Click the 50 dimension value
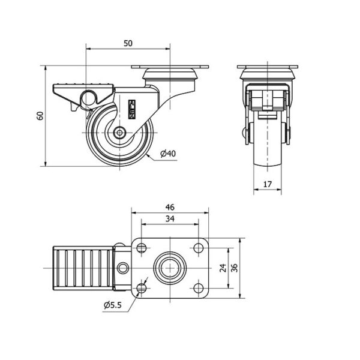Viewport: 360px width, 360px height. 128,43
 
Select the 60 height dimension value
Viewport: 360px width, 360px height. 40,116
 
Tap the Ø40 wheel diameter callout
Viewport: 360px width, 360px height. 168,154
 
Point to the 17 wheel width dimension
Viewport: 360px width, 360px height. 268,184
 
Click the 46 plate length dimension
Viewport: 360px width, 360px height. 170,208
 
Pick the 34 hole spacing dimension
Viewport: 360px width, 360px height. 170,219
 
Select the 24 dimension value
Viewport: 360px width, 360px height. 223,268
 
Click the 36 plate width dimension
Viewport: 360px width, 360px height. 235,268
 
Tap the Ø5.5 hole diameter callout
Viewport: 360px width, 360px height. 113,305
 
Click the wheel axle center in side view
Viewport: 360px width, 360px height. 119,133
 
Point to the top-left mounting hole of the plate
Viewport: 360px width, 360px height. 142,248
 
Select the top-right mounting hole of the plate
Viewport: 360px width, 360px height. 199,248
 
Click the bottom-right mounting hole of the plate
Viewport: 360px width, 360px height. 199,288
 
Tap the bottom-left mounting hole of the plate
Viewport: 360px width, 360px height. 142,288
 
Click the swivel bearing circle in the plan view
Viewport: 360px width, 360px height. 170,268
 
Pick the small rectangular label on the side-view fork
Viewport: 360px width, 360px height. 132,109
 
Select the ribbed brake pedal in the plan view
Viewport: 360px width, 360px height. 83,268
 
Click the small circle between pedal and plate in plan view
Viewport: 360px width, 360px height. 123,268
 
